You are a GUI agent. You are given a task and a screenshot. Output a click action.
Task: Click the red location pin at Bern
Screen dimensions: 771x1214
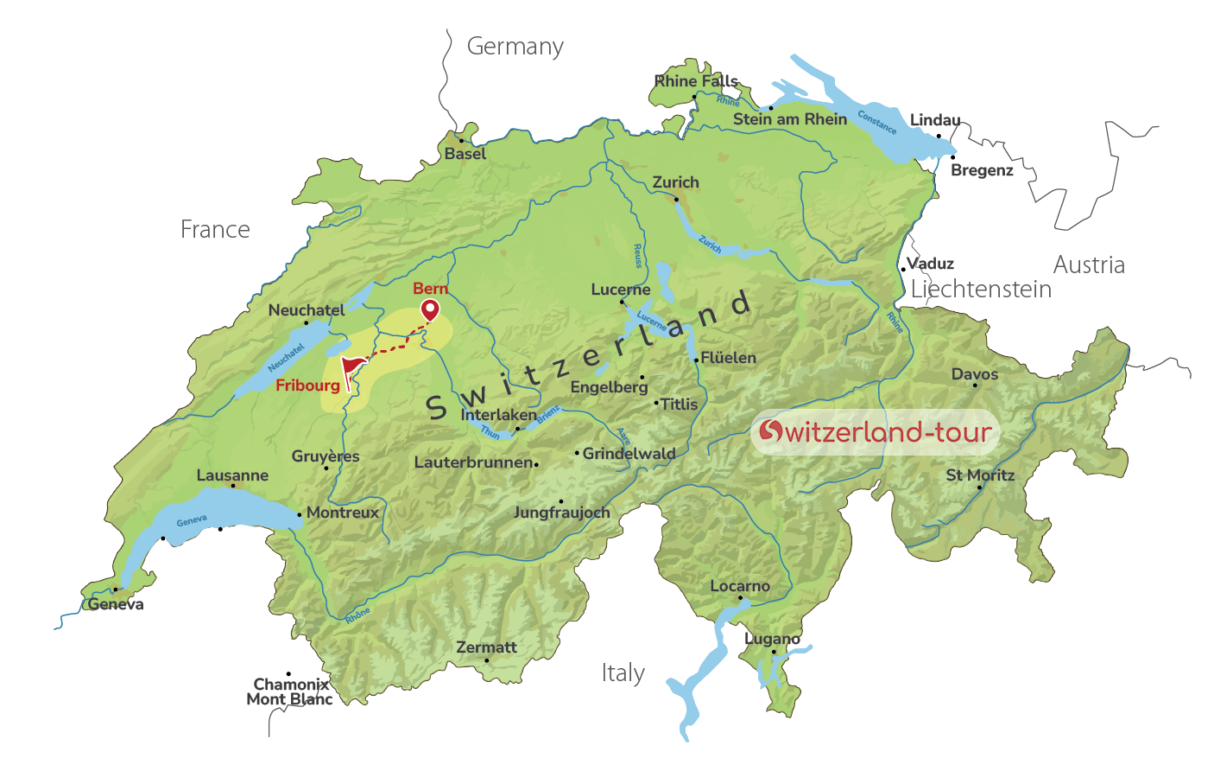[x=429, y=309]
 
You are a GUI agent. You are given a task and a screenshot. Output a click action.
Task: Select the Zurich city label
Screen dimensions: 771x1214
[x=675, y=182]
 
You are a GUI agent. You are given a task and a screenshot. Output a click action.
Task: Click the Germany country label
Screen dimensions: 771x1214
[x=515, y=47]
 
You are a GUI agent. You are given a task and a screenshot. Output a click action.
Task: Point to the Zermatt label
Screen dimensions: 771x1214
[x=486, y=647]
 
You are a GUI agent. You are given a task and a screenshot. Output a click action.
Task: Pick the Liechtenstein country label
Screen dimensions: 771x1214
[x=981, y=290]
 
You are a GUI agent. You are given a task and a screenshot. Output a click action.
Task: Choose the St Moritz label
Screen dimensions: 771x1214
[x=980, y=475]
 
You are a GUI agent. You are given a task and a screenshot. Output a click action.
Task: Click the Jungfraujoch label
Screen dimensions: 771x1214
[x=561, y=513]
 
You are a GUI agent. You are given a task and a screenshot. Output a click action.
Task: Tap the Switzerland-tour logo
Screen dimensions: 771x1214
[x=875, y=432]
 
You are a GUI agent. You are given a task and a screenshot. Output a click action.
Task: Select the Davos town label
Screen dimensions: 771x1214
[x=974, y=374]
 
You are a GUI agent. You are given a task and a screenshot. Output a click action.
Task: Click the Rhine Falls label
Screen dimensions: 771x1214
[x=696, y=81]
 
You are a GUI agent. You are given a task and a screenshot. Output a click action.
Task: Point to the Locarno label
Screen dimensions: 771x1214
[x=739, y=586]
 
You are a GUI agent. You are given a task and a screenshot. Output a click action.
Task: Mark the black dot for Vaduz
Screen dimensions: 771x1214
[x=903, y=269]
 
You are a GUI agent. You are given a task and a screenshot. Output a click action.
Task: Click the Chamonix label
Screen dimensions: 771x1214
[x=291, y=685]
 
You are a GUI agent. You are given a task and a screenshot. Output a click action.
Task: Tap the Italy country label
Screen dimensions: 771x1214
[x=623, y=673]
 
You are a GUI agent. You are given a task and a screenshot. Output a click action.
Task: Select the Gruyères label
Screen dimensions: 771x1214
[x=326, y=456]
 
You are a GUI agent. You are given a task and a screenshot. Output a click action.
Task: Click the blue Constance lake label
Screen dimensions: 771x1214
[x=876, y=123]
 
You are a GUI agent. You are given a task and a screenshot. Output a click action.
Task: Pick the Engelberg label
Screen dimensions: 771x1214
[x=609, y=387]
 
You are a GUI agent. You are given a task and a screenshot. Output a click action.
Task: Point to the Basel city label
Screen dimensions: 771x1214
[x=465, y=154]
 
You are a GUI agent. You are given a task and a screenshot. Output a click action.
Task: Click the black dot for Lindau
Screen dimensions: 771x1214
[x=939, y=136]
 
